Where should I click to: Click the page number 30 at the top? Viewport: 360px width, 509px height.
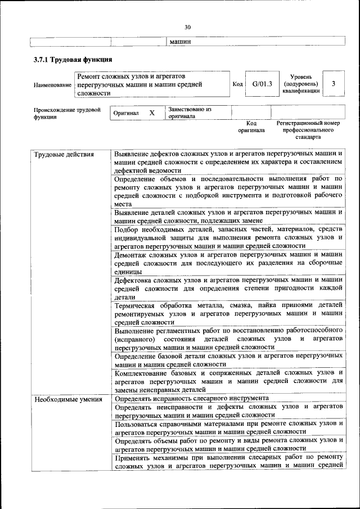point(187,26)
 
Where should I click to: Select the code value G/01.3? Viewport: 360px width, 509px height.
point(262,84)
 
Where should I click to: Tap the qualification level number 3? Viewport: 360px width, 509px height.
point(334,84)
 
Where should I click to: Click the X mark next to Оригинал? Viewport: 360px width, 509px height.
point(151,112)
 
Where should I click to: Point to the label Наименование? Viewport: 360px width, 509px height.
point(52,85)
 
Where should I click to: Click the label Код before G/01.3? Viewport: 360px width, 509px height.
point(237,84)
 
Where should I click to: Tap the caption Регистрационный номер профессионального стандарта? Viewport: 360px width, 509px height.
point(308,129)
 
